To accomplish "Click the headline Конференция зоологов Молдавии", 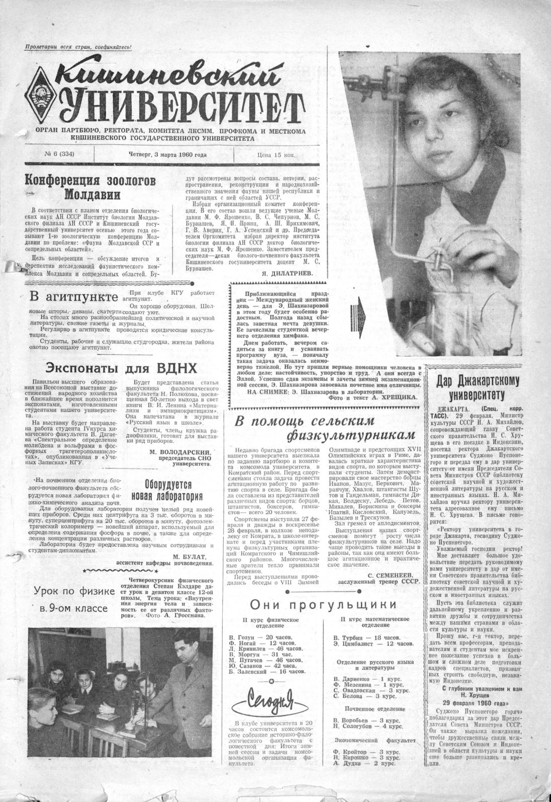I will tap(90, 187).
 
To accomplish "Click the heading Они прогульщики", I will tap(323, 605).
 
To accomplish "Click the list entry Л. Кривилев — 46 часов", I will tap(264, 649).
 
